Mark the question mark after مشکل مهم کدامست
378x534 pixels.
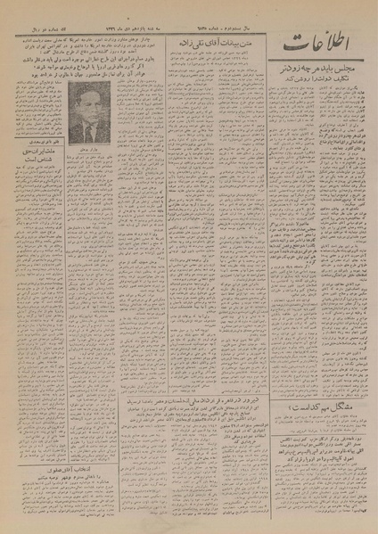(x=275, y=359)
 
